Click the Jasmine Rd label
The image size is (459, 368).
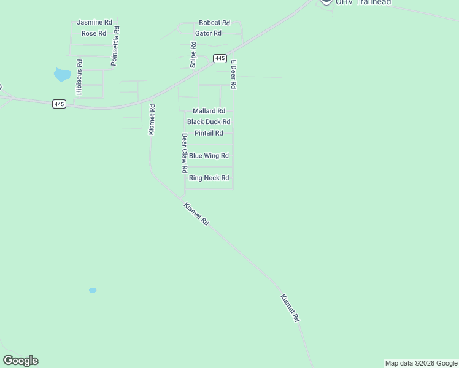[94, 22]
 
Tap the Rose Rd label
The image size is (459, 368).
[94, 33]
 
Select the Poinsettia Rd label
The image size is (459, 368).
[115, 46]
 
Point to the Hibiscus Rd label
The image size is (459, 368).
[79, 77]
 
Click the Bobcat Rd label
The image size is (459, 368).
[214, 22]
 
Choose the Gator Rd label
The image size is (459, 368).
[208, 33]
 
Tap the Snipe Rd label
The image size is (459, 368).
[193, 53]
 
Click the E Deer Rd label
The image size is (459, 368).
[233, 74]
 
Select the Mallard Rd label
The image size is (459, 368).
[209, 111]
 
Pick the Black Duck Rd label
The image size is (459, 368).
[209, 122]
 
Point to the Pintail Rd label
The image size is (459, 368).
[209, 133]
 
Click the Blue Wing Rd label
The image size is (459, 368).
[209, 156]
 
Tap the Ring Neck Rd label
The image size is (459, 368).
[209, 178]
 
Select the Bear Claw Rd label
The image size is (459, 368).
[183, 153]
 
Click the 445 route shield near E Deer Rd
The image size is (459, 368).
[220, 58]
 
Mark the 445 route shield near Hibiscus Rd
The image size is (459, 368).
[59, 104]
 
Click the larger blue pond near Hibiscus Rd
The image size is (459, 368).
[62, 75]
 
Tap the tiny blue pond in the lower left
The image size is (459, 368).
[93, 290]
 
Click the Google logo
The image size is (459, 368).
[20, 361]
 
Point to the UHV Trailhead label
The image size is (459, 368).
[363, 2]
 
